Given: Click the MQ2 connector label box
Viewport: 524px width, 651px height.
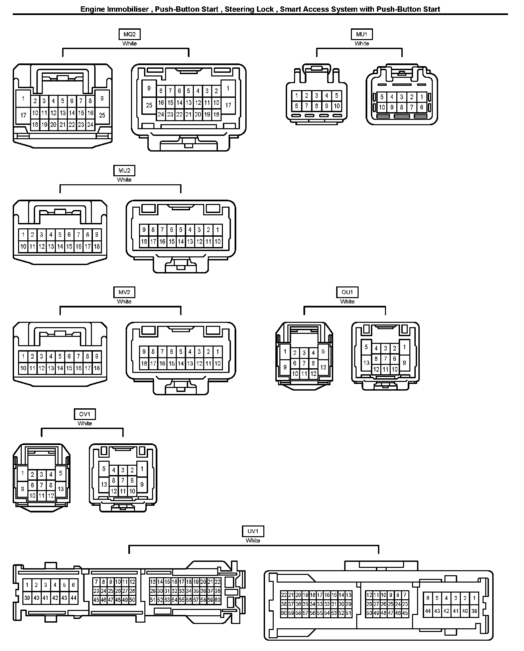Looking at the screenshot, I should (129, 34).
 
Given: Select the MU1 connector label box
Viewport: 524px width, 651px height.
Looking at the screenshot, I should (362, 34).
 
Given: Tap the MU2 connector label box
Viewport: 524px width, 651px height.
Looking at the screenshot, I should (124, 171).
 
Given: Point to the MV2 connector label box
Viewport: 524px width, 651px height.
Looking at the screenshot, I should (124, 292).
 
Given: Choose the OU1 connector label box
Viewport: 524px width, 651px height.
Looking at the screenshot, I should (347, 292).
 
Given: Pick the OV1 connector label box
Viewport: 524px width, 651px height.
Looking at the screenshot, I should (85, 414).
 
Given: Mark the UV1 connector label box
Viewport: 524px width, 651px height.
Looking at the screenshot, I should (253, 531).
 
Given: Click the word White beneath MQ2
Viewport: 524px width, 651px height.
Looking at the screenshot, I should (129, 43).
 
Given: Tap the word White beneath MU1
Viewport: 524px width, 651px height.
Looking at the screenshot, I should (362, 43).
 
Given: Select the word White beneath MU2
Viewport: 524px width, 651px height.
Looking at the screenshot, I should (124, 180).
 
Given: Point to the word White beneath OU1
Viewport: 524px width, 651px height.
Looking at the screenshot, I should (347, 301).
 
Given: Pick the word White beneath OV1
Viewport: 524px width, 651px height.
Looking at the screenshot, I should (85, 423).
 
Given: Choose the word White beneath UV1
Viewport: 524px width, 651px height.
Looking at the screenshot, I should (253, 540).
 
